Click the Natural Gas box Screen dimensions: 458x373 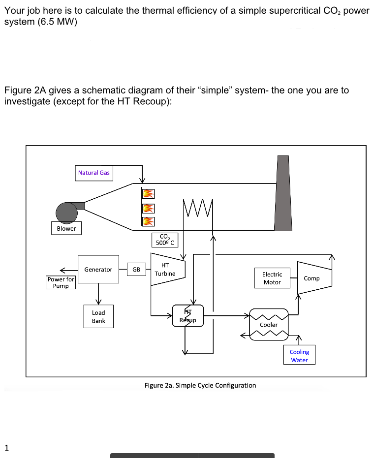93,173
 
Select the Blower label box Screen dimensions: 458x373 66,228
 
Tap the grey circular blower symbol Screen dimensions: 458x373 66,213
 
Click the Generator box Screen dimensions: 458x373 98,269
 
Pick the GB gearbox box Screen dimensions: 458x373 136,269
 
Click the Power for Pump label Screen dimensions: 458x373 61,282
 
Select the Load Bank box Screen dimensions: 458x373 98,316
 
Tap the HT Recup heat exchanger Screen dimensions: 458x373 187,315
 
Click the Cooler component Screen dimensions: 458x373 269,324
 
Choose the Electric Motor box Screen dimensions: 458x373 272,278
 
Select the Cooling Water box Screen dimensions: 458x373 299,355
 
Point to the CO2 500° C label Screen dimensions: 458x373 165,239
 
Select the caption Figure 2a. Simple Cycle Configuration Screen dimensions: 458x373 200,385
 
